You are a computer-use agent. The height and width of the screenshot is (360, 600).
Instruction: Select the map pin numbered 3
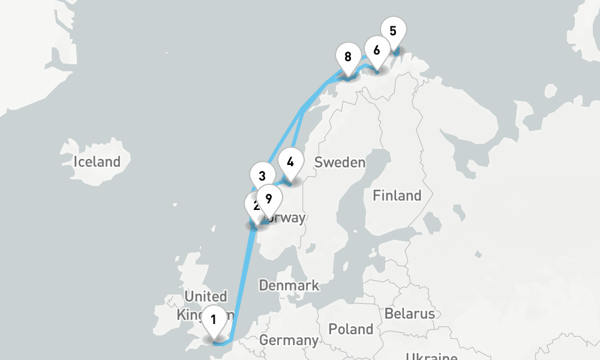(x=262, y=176)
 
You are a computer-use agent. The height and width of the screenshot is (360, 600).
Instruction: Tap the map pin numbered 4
(x=290, y=162)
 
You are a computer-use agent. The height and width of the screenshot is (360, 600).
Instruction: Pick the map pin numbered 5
(x=393, y=31)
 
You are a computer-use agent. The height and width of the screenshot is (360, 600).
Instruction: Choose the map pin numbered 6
(x=376, y=50)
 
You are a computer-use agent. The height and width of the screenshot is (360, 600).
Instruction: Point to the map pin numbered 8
(x=348, y=58)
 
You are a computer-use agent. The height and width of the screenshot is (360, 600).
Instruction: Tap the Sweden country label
(x=340, y=162)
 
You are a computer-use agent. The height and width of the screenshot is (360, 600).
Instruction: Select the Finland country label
(x=397, y=196)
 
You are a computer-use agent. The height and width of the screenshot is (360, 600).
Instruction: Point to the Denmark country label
(x=289, y=286)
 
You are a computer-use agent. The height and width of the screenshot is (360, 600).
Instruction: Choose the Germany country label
(x=289, y=340)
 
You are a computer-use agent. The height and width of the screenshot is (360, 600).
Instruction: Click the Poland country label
(x=351, y=329)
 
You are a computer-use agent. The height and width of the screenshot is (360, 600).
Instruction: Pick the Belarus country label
(x=410, y=314)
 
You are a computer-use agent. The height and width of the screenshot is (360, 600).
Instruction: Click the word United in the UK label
(x=206, y=296)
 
